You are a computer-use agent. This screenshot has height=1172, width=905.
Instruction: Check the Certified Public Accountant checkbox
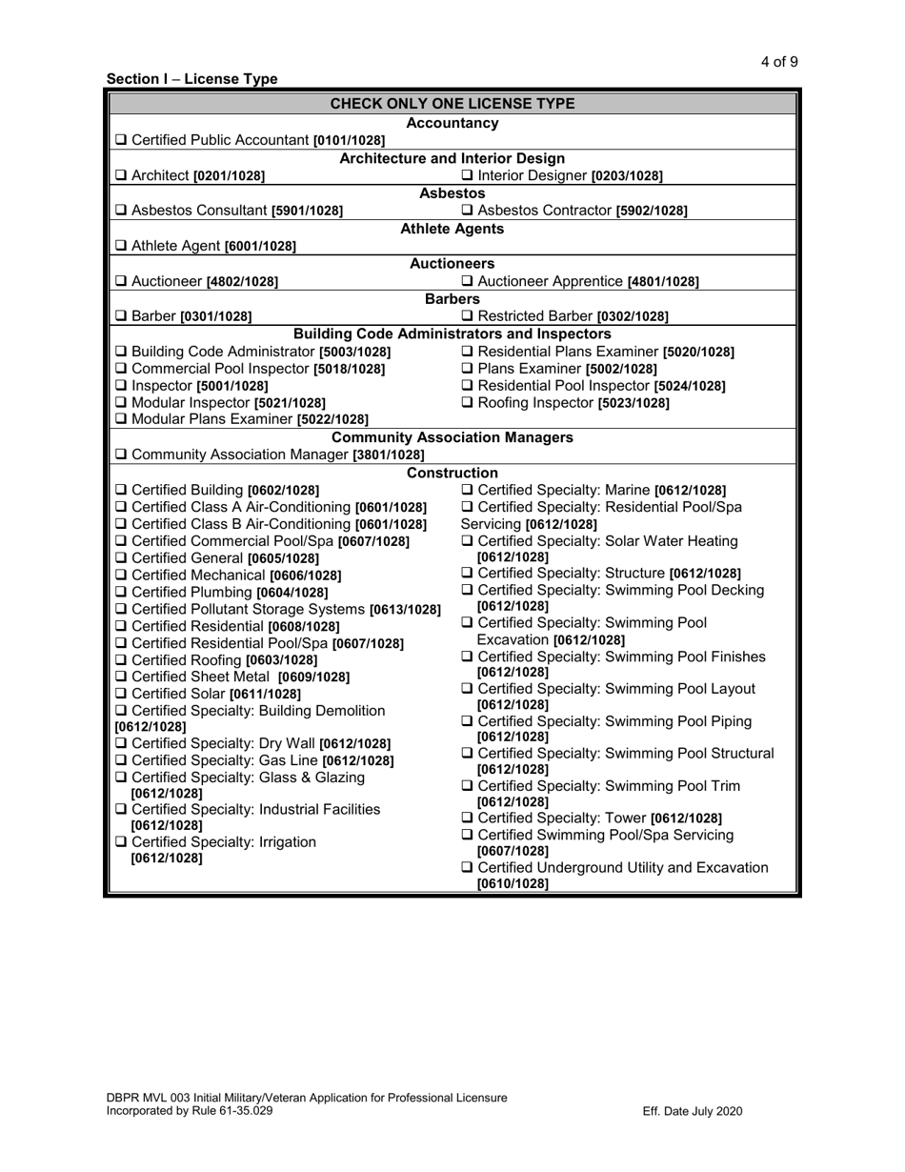[x=120, y=140]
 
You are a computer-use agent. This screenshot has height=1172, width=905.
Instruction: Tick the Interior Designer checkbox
[x=467, y=175]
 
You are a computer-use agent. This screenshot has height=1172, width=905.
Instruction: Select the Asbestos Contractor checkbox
[x=467, y=211]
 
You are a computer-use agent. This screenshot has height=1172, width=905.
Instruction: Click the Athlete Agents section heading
[x=452, y=229]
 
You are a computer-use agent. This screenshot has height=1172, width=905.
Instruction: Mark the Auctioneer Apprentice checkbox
[x=467, y=281]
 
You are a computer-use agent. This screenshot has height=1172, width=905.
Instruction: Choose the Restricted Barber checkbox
[x=467, y=316]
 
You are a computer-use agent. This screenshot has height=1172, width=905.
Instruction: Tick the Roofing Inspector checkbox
[x=467, y=403]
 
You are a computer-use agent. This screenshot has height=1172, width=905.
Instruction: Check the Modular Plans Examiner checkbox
[x=120, y=420]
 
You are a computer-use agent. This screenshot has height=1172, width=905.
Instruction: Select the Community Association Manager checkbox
[x=120, y=455]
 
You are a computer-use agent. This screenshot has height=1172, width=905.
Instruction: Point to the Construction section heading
[x=452, y=473]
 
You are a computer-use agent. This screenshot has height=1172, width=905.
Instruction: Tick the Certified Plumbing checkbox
[x=120, y=592]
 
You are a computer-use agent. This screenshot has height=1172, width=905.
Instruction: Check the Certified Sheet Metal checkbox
[x=120, y=677]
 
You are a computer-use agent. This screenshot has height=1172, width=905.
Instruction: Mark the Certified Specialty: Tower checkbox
[x=467, y=818]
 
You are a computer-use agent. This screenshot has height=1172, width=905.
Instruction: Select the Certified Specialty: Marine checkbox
[x=467, y=490]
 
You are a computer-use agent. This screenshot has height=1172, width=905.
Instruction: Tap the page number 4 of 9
[x=778, y=63]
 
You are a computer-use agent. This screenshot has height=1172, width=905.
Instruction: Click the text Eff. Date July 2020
[x=693, y=1111]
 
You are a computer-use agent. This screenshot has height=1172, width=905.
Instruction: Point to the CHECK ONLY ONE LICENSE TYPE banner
[x=452, y=103]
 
